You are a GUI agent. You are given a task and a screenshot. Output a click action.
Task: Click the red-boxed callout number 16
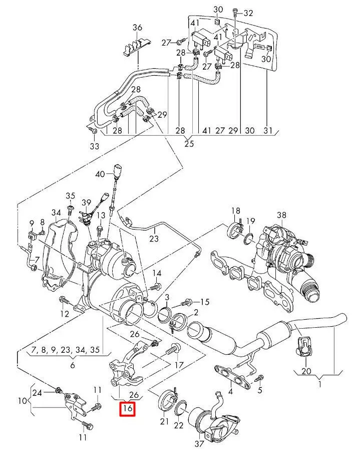coord(127,409)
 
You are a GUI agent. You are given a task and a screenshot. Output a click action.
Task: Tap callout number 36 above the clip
coord(137,27)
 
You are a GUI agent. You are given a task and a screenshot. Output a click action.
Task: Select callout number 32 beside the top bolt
coord(248,13)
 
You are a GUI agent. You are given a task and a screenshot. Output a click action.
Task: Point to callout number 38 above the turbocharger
coord(282,216)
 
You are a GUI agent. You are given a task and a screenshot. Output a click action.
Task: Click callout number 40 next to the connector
coord(100,174)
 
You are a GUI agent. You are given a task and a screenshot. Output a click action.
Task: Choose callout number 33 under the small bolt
coord(94,146)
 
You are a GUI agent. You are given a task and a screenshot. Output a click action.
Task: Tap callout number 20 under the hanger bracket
coord(306,371)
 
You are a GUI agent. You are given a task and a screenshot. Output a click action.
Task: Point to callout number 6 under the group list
coord(73,365)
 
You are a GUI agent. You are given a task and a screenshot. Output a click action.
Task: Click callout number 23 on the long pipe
coord(154,239)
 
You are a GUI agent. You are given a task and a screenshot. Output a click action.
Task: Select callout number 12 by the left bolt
coord(65,314)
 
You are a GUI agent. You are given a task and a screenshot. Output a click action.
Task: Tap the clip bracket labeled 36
coord(137,47)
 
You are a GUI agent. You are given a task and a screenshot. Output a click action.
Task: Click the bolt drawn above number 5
coord(259,377)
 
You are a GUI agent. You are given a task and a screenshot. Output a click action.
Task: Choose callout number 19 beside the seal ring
coord(250,221)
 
